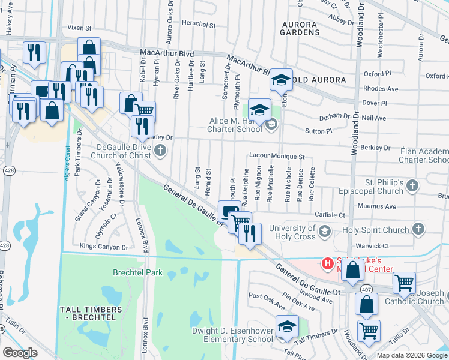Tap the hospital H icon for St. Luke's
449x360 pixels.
[328, 263]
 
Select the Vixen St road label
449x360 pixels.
[79, 28]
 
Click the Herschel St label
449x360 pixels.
[198, 25]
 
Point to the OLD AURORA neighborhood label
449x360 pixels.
[319, 80]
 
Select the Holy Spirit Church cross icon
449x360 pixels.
[418, 229]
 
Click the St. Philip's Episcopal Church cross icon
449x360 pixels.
[412, 186]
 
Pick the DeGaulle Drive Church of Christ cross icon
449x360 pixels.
[160, 151]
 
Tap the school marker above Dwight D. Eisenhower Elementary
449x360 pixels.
[287, 327]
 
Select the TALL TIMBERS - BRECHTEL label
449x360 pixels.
[91, 313]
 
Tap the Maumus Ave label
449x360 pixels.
[382, 207]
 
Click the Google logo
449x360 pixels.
[20, 353]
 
